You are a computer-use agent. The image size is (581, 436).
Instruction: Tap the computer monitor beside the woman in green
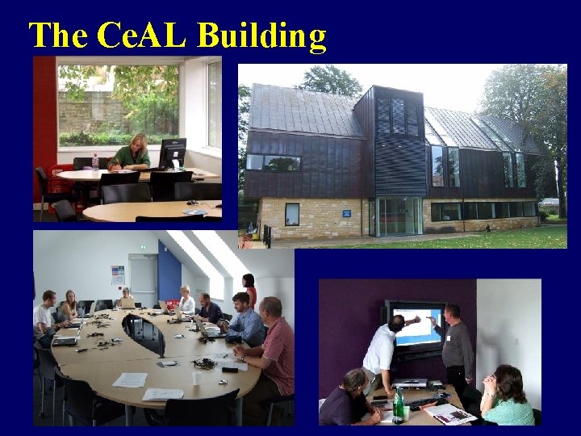172,153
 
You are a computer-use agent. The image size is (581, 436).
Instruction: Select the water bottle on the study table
95,162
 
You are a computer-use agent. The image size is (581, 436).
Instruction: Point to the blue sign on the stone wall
346,213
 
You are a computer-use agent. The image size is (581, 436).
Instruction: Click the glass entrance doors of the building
395,217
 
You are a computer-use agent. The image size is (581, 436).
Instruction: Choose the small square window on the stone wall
292,213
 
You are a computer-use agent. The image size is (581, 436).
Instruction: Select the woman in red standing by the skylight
249,290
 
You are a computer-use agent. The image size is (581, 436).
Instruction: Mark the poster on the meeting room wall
118,275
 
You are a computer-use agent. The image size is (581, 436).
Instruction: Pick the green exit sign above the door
143,249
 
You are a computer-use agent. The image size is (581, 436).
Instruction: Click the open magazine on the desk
450,413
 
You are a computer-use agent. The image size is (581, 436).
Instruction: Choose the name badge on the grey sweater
448,337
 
